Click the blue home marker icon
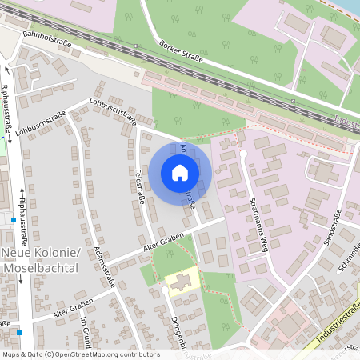[180, 172]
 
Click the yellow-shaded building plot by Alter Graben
[183, 282]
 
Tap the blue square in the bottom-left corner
[18, 332]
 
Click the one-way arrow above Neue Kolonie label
[20, 192]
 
